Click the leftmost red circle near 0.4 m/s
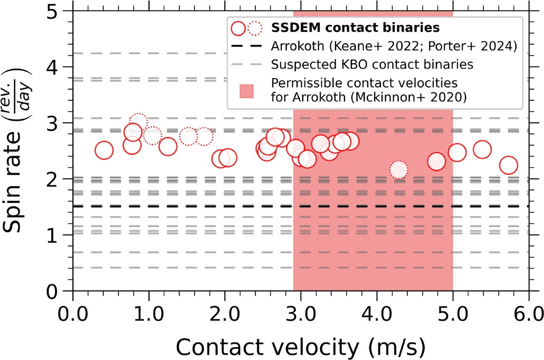coord(104,151)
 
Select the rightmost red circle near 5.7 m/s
coord(508,165)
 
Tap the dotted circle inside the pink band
coord(398,170)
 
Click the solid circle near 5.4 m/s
coord(482,149)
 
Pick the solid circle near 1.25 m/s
coord(168,147)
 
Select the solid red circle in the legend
coord(239,28)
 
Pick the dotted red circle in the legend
coord(255,28)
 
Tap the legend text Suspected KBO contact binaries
coord(371,65)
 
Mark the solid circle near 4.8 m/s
coord(436,161)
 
